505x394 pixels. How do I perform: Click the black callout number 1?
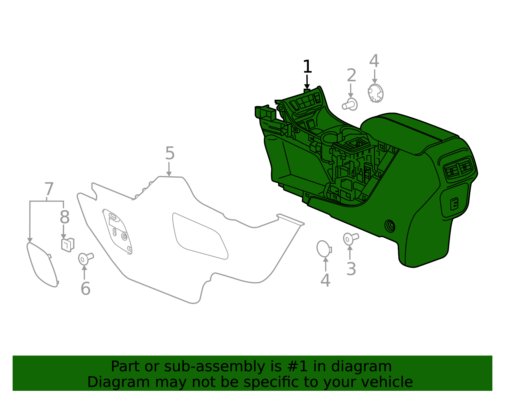pos(307,67)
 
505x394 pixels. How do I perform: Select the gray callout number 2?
pos(351,76)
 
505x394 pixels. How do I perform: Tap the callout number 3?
pos(351,269)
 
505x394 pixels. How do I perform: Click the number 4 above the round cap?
pos(374,61)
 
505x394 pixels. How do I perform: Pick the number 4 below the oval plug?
pos(325,280)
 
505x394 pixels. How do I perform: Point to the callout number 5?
pos(170,154)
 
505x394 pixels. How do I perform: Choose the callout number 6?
pos(86,289)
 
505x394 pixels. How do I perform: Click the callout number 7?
pos(49,189)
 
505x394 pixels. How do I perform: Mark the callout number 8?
pos(64,217)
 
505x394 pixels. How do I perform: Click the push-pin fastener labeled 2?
pos(350,104)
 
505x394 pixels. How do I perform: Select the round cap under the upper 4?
pos(376,93)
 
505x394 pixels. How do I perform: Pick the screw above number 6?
pos(85,258)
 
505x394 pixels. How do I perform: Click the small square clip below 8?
pos(68,244)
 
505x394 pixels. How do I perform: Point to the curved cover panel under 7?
pos(43,265)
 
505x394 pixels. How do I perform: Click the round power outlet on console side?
pos(390,226)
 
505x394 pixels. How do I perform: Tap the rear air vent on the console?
pos(459,169)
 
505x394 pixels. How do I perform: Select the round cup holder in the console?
pos(330,138)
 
